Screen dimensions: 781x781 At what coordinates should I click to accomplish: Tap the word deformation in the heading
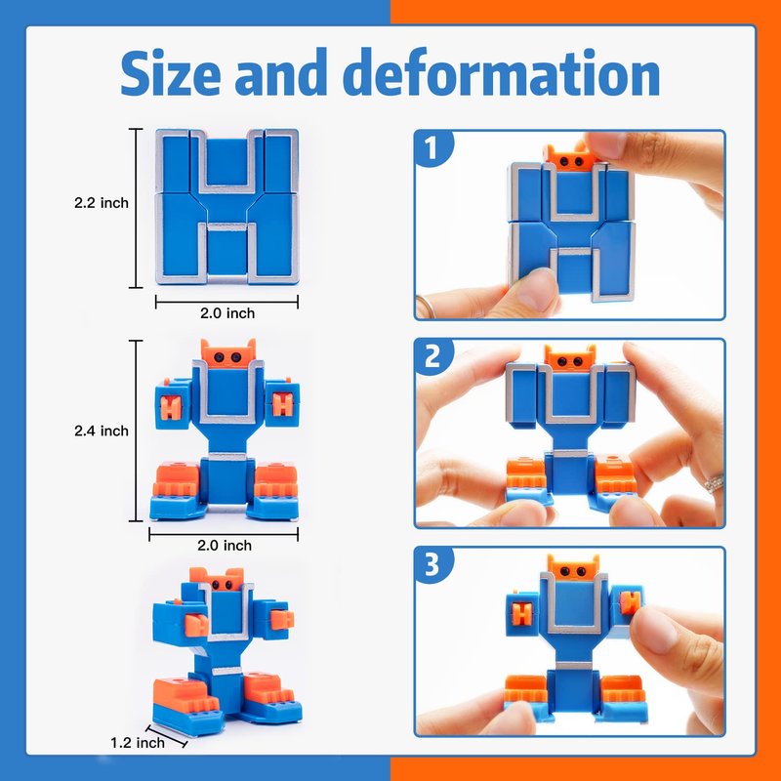501,72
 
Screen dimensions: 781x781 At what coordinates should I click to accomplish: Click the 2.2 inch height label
102,203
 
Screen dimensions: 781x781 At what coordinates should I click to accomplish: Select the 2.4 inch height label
102,431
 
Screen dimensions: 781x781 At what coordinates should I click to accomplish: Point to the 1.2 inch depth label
137,743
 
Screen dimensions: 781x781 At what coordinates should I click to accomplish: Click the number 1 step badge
432,147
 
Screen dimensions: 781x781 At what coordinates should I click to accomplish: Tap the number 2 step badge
432,356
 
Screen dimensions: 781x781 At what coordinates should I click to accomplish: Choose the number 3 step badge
432,565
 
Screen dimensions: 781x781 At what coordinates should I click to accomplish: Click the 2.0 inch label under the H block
227,313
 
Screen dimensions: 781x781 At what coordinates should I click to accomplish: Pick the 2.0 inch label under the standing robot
225,546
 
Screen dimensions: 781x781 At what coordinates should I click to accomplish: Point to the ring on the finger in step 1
428,307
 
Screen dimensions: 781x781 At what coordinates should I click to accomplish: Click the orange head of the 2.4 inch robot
228,353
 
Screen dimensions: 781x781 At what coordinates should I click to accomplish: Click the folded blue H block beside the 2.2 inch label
227,207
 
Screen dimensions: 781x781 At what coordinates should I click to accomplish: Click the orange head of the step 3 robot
573,568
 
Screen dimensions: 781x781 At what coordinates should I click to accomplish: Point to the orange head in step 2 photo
570,357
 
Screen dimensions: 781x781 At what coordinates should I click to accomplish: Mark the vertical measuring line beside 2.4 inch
136,431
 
